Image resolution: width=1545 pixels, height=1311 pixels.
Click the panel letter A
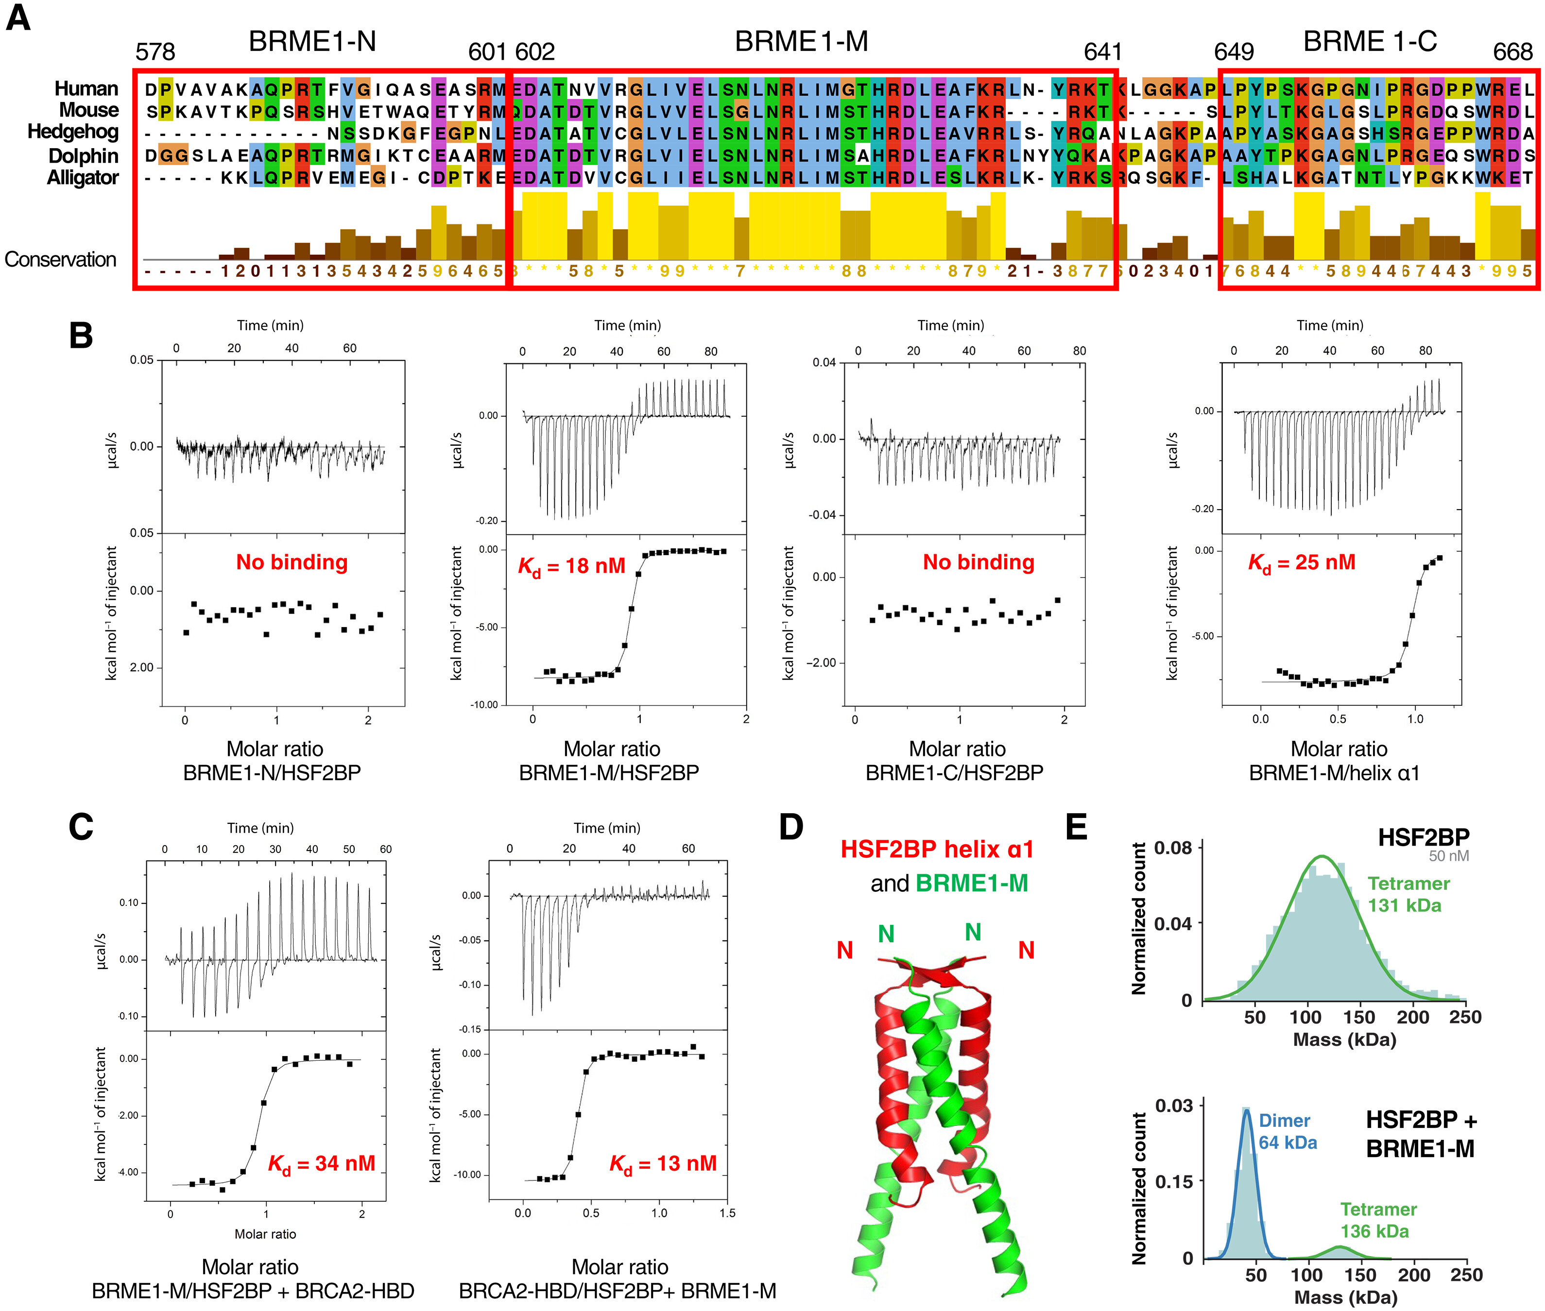18,18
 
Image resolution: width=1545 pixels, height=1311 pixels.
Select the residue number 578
155,52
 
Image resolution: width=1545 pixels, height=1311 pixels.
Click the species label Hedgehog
73,132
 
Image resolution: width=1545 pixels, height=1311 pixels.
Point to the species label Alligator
83,178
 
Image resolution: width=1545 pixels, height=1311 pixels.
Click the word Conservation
60,259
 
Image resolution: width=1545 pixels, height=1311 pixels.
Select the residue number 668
1512,52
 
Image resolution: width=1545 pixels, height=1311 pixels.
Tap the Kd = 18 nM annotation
571,567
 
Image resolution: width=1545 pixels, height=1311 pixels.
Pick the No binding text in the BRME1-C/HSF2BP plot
978,562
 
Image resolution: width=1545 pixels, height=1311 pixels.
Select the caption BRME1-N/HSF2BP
272,773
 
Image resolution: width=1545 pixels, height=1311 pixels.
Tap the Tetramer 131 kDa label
1408,894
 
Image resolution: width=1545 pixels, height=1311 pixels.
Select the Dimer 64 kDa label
1287,1131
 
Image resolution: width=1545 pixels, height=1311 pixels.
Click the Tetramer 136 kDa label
1378,1220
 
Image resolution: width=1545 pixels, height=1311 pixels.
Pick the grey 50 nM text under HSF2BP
1448,856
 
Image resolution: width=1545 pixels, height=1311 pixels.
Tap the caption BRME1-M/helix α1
1334,773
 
